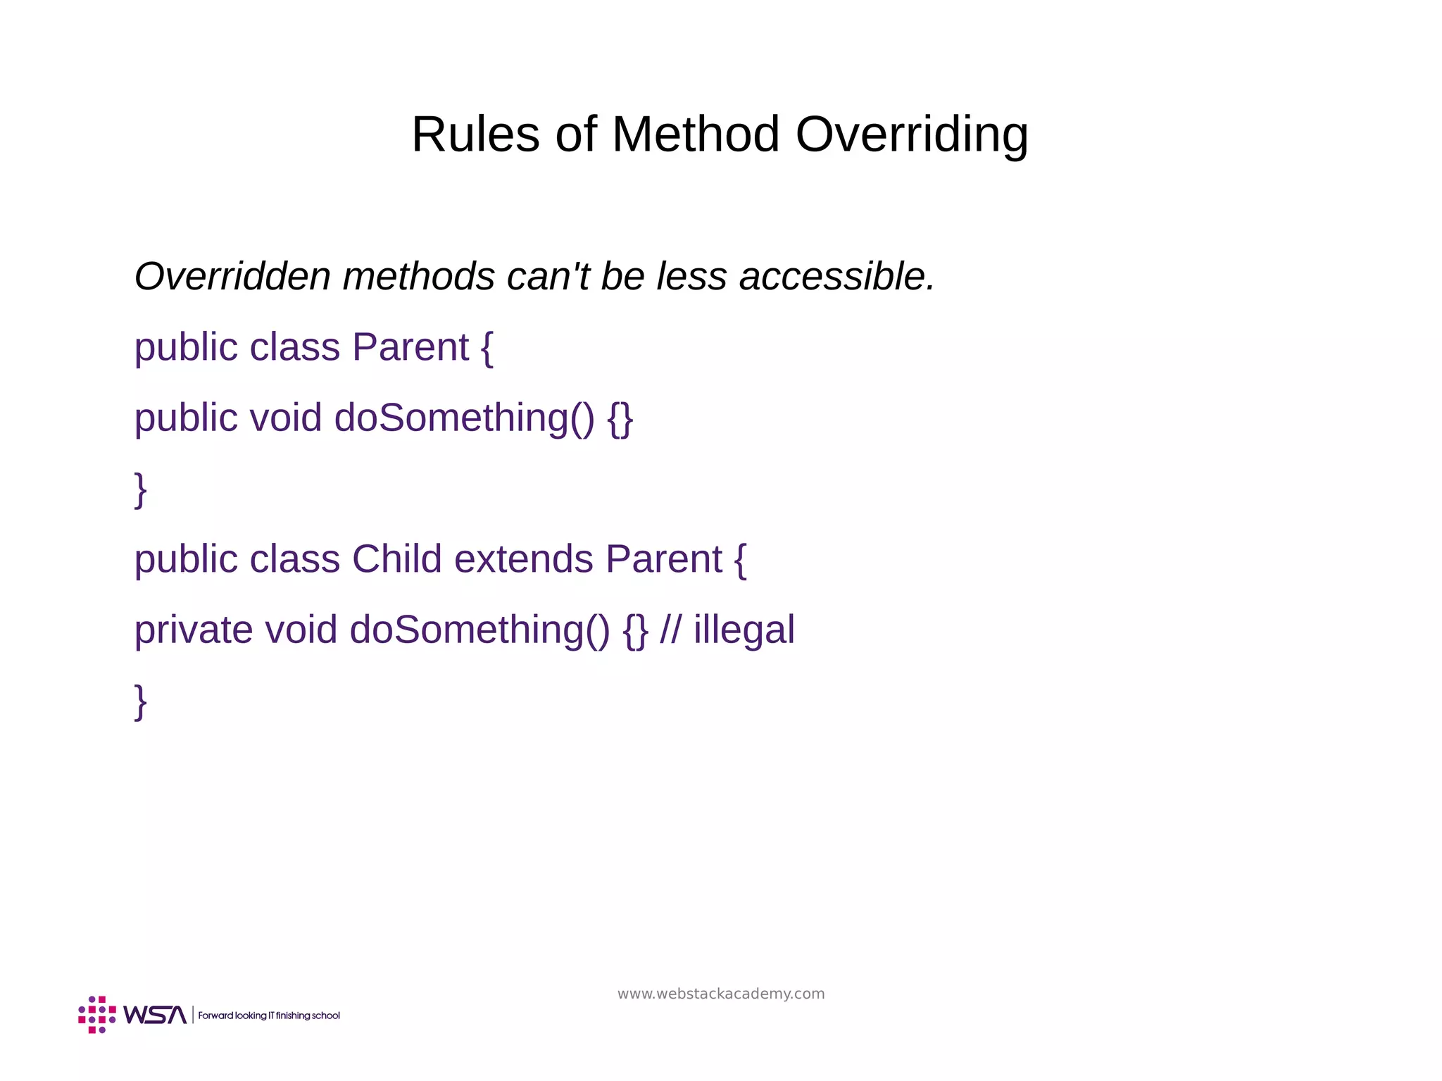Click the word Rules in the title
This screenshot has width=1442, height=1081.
click(475, 134)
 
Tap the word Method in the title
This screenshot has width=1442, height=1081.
click(696, 134)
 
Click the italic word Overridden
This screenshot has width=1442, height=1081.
click(232, 276)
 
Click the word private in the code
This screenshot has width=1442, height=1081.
click(194, 630)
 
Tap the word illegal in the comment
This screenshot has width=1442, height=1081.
click(744, 630)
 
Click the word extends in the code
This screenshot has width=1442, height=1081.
click(524, 559)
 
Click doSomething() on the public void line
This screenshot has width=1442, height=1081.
click(465, 418)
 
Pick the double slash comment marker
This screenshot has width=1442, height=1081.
click(670, 630)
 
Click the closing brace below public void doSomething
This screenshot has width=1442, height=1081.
click(141, 489)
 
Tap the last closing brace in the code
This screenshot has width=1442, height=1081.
click(141, 701)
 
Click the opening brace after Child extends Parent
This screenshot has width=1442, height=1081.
click(740, 560)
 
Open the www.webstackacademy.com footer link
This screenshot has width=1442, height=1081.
click(721, 994)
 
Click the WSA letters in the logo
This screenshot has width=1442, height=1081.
click(155, 1015)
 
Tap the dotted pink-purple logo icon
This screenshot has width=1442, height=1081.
click(97, 1015)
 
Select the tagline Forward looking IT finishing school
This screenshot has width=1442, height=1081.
click(269, 1016)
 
